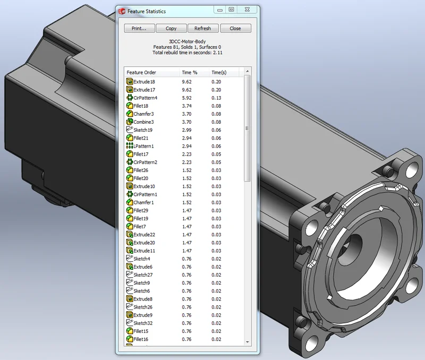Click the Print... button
click(x=140, y=28)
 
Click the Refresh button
click(x=202, y=28)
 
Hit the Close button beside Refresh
click(x=235, y=28)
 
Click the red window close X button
click(x=247, y=9)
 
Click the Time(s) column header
click(x=219, y=72)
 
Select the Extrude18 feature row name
click(x=144, y=82)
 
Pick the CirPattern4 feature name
click(x=145, y=98)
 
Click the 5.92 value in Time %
click(x=186, y=98)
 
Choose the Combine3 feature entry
click(x=143, y=122)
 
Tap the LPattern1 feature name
click(x=143, y=146)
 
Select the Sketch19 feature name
click(x=143, y=130)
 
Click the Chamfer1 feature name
click(x=143, y=202)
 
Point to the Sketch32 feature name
click(x=143, y=323)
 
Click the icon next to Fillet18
click(x=129, y=106)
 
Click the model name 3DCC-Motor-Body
click(x=183, y=41)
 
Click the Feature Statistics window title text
click(x=146, y=11)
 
